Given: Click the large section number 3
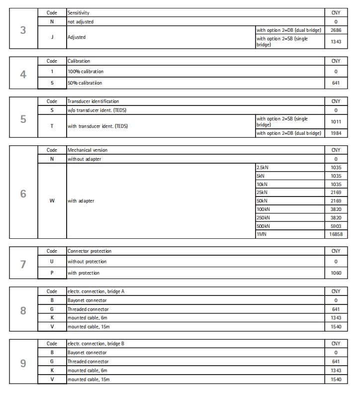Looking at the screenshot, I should [23, 30].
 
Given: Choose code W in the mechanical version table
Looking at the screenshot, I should [52, 201].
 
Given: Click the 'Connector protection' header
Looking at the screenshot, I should [90, 251].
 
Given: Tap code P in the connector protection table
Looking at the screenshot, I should [52, 273].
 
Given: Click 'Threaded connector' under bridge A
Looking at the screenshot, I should [88, 309].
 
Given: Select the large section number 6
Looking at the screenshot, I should [23, 194].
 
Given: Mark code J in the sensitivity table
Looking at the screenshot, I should [52, 37].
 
